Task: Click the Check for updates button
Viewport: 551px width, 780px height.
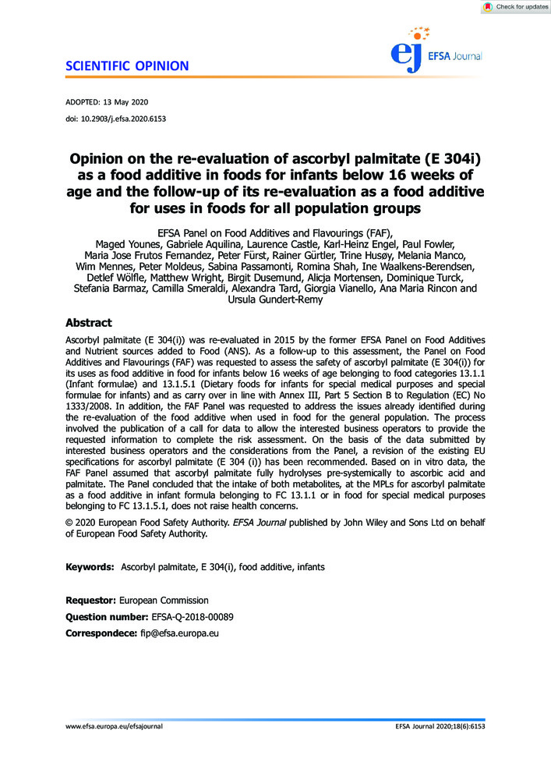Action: click(x=516, y=7)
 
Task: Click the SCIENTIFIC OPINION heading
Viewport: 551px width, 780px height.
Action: click(x=122, y=66)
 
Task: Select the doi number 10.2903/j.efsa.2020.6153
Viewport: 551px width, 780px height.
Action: click(x=132, y=119)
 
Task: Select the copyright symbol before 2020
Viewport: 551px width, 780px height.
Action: click(x=69, y=521)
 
